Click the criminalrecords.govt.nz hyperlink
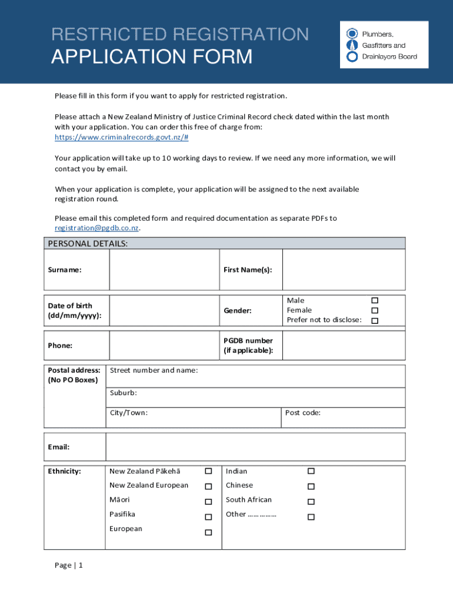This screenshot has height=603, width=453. [121, 137]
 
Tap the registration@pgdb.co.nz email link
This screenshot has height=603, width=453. [97, 228]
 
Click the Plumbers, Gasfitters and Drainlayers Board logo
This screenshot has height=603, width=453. [384, 45]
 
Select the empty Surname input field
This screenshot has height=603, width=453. [164, 270]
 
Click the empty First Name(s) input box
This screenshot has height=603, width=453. [344, 270]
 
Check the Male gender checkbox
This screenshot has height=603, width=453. [374, 300]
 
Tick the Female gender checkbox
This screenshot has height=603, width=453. [374, 310]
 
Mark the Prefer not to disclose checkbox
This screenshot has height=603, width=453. [374, 320]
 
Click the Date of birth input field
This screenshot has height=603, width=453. [164, 310]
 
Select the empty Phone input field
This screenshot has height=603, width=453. [164, 345]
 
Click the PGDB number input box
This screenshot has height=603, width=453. [344, 345]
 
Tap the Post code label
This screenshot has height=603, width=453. [303, 413]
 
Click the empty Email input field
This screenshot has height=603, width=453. [255, 447]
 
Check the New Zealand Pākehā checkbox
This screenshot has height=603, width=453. [208, 471]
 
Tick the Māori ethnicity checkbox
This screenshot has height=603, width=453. [208, 502]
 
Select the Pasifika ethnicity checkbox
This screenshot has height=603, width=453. [208, 517]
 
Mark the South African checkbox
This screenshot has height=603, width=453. [311, 502]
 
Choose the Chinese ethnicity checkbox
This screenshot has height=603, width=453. [311, 486]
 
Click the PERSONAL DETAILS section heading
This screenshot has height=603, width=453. [88, 243]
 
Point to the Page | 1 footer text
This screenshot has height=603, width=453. [69, 565]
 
